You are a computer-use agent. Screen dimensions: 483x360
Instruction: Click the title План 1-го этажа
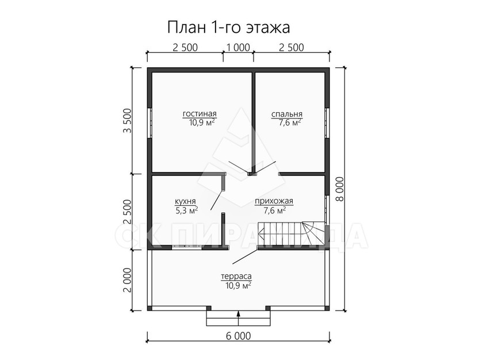pos(229,28)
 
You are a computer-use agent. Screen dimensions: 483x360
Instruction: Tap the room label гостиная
pos(200,114)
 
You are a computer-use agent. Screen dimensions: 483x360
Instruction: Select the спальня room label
pos(287,114)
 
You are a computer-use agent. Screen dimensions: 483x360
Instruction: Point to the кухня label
pos(185,202)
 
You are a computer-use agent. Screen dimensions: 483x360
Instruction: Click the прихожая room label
pos(274,201)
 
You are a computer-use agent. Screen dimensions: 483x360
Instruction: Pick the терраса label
pos(236,277)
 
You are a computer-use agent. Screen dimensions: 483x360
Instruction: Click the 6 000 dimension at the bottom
pos(239,336)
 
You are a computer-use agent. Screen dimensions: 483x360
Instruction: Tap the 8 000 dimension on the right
pos(340,189)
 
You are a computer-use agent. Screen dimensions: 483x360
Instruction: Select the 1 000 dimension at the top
pos(239,48)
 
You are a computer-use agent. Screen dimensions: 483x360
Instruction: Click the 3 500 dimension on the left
pos(127,120)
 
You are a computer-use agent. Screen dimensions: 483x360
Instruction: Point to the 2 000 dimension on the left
pos(127,280)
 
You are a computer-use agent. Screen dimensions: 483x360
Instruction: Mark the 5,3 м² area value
pos(187,210)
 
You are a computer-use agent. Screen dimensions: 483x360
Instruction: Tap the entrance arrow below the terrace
pos(239,318)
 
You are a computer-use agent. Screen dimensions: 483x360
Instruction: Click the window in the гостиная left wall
pos(149,123)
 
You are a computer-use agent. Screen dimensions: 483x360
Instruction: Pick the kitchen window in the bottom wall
pos(187,247)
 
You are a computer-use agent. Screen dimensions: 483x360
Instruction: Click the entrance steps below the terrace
pos(239,318)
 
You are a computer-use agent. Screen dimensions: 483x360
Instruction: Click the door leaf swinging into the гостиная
pos(239,167)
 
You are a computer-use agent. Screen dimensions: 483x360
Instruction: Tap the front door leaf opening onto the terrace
pos(245,256)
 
